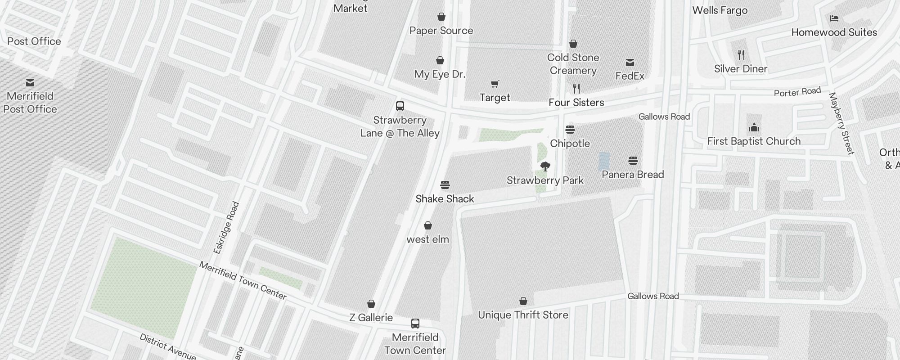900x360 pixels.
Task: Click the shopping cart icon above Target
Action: [495, 84]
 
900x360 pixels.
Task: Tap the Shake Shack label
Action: [445, 199]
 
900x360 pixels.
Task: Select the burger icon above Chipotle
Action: [570, 130]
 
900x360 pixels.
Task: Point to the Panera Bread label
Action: [633, 175]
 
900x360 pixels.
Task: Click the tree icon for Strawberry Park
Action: [545, 166]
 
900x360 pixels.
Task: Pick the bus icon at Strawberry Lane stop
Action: [400, 106]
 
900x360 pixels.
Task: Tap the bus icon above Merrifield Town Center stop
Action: [415, 324]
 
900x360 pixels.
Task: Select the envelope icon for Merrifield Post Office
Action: [30, 83]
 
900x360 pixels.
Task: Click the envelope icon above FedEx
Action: [630, 63]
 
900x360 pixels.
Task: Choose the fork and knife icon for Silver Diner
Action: [741, 55]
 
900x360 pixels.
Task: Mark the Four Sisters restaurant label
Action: [576, 103]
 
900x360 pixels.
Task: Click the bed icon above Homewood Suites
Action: [834, 18]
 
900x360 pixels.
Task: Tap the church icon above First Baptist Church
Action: [754, 128]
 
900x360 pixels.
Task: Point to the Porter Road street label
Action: [797, 92]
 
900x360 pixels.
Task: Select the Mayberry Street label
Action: [841, 123]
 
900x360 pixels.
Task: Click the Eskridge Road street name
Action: [226, 228]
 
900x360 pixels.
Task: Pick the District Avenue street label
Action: [167, 347]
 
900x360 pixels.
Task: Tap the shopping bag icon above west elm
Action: [428, 225]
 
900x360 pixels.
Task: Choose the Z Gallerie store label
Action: [371, 318]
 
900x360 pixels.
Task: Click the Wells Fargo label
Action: [720, 10]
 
